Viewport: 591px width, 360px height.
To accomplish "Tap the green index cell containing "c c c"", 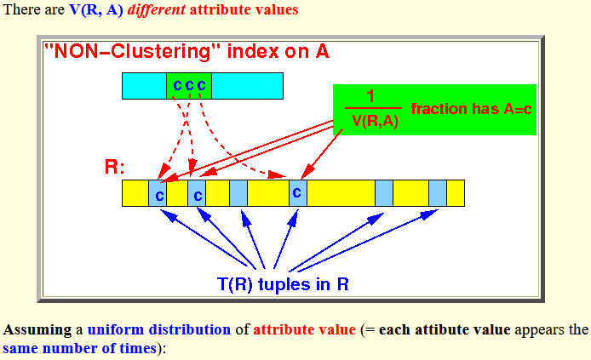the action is [x=189, y=86].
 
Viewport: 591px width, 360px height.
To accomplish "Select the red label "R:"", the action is [x=114, y=167].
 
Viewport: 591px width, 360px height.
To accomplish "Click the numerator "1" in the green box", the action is [x=370, y=96].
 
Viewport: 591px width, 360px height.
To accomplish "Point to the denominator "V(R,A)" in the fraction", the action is [x=375, y=121].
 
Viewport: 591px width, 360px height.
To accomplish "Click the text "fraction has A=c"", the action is [x=471, y=109].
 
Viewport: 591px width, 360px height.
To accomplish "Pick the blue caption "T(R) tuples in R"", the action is [x=283, y=284].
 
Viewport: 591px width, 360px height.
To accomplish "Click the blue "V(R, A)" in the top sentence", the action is [x=96, y=9].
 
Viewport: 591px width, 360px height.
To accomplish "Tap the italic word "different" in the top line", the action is [x=157, y=9].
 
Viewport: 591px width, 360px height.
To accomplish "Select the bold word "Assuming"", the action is [x=37, y=330].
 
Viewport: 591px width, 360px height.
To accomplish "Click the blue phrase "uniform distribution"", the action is [x=159, y=329].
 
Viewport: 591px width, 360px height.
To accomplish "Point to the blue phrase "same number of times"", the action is [x=79, y=348].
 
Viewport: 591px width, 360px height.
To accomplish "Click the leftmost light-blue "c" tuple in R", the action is [x=158, y=193].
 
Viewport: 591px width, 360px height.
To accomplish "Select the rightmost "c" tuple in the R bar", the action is [x=298, y=193].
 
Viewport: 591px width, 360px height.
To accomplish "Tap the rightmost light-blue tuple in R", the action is [x=438, y=193].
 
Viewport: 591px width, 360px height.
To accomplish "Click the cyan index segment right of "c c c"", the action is [x=247, y=86].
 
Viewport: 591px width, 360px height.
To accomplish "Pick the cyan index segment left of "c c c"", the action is [x=145, y=86].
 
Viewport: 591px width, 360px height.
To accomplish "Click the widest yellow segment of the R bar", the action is [x=341, y=193].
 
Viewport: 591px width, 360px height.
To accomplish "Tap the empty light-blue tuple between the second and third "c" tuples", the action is [x=238, y=193].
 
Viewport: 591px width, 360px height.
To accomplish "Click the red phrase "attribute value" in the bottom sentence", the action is [x=305, y=329].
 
